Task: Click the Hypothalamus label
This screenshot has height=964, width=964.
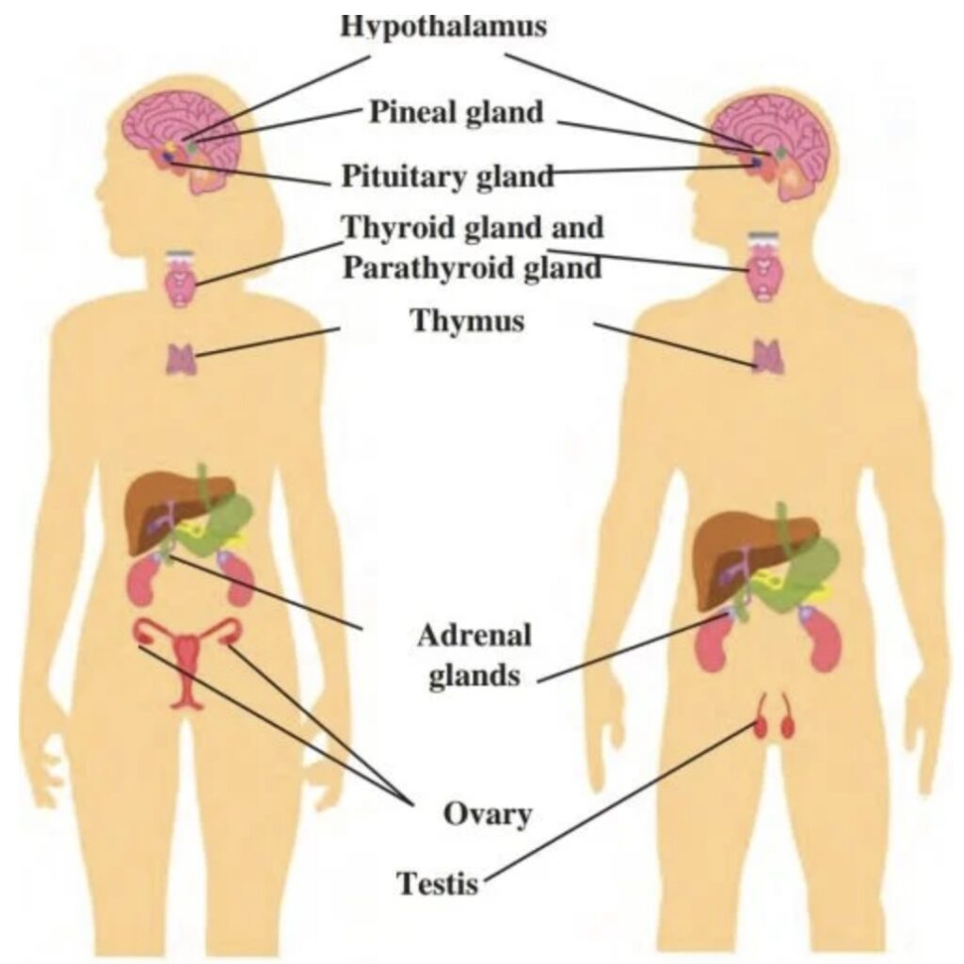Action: [442, 25]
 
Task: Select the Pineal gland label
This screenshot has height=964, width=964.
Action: [456, 112]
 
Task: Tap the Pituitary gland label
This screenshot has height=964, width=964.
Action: [446, 175]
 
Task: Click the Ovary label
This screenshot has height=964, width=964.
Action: [487, 813]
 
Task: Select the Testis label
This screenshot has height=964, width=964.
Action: [438, 884]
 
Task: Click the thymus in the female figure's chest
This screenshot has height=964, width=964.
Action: [182, 360]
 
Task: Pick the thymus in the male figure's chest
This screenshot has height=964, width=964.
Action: [767, 356]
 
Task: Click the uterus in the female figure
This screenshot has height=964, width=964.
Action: [188, 659]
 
